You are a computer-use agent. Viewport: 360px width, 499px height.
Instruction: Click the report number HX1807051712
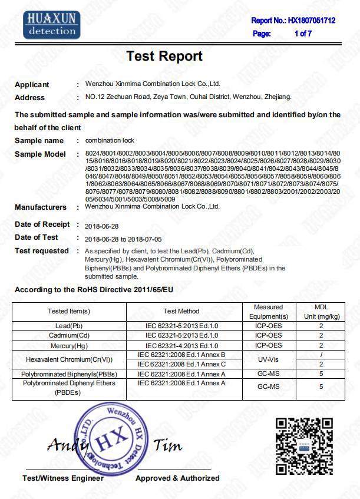pos(311,20)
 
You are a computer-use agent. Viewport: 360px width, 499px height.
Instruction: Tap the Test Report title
pos(164,57)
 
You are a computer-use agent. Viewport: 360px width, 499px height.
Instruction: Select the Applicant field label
pos(32,85)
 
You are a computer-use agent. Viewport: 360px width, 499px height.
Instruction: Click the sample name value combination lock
pos(110,141)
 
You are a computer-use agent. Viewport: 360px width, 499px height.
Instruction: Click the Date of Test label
pos(37,237)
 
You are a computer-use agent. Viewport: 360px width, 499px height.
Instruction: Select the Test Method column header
pos(181,311)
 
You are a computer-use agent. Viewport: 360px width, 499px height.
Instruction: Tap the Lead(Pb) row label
pos(70,325)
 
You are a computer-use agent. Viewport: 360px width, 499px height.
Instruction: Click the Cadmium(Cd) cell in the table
pos(70,336)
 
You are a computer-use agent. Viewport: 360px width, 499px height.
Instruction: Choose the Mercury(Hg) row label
pos(70,346)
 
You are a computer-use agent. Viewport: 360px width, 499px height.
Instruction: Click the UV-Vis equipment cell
pos(268,359)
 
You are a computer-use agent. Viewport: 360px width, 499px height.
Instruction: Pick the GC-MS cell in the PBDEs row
pos(268,387)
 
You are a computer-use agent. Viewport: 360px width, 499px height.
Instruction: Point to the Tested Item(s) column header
pos(70,311)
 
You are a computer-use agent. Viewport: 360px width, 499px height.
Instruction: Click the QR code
pos(304,445)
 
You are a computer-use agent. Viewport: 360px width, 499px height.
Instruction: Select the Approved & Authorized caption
pos(177,478)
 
